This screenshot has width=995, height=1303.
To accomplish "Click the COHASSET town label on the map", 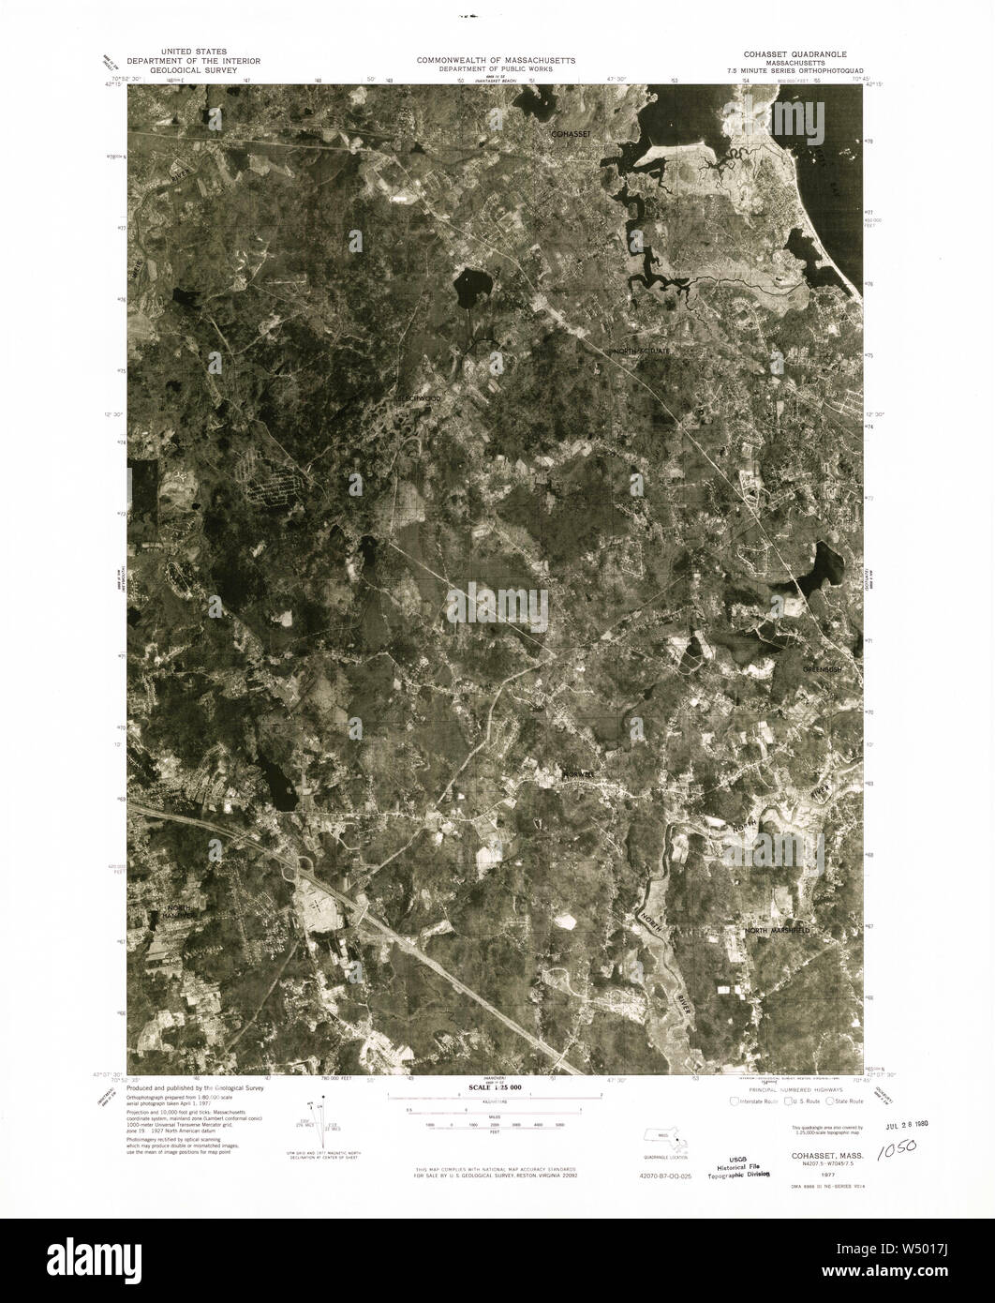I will [571, 135].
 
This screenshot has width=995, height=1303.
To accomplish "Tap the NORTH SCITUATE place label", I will [642, 351].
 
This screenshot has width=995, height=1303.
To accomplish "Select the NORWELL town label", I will [579, 773].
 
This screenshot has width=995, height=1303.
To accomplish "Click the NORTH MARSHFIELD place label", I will [777, 931].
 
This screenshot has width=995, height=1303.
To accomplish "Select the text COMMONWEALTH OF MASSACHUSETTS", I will [497, 59].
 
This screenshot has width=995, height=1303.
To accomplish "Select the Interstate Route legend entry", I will [758, 1102].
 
